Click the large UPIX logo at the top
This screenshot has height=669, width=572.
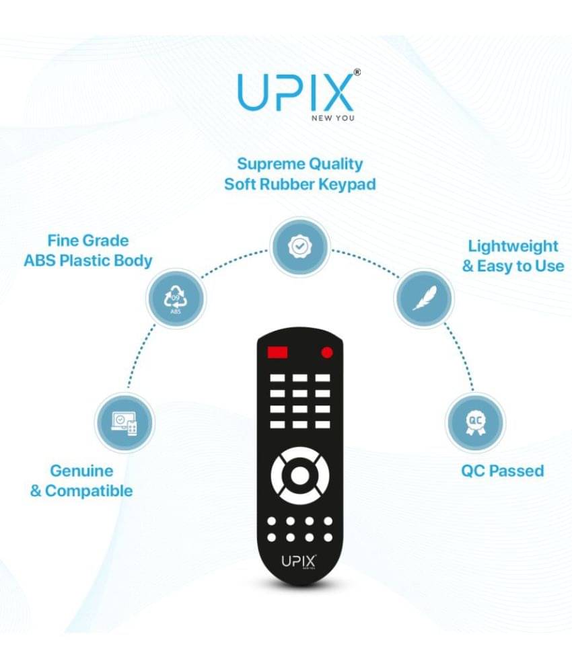(295, 93)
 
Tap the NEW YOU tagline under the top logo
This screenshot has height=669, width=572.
(333, 118)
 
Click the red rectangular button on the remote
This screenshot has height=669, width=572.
(278, 352)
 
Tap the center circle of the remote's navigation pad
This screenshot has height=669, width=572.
(300, 475)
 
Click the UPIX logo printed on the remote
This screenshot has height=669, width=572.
(299, 561)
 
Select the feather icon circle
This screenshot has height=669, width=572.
(423, 298)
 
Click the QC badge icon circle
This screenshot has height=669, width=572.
(476, 422)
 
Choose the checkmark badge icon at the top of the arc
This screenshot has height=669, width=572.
(300, 247)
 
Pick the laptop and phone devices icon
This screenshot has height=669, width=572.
(124, 422)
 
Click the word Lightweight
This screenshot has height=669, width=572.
(513, 247)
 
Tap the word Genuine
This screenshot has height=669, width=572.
(81, 471)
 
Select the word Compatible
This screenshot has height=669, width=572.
(89, 491)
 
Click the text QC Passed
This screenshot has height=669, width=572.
(503, 471)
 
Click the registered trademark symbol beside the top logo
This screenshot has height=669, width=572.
(357, 73)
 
